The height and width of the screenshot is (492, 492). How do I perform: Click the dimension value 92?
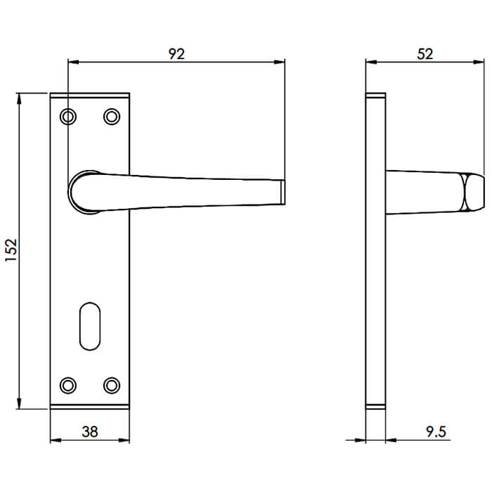coord(176,53)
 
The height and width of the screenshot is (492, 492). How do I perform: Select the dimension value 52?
coord(425,53)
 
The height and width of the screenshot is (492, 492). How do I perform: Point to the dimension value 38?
coord(89,432)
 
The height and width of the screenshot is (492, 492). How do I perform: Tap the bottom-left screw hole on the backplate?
coord(67,384)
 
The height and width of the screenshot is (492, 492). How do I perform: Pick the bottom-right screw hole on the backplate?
coord(111,384)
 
